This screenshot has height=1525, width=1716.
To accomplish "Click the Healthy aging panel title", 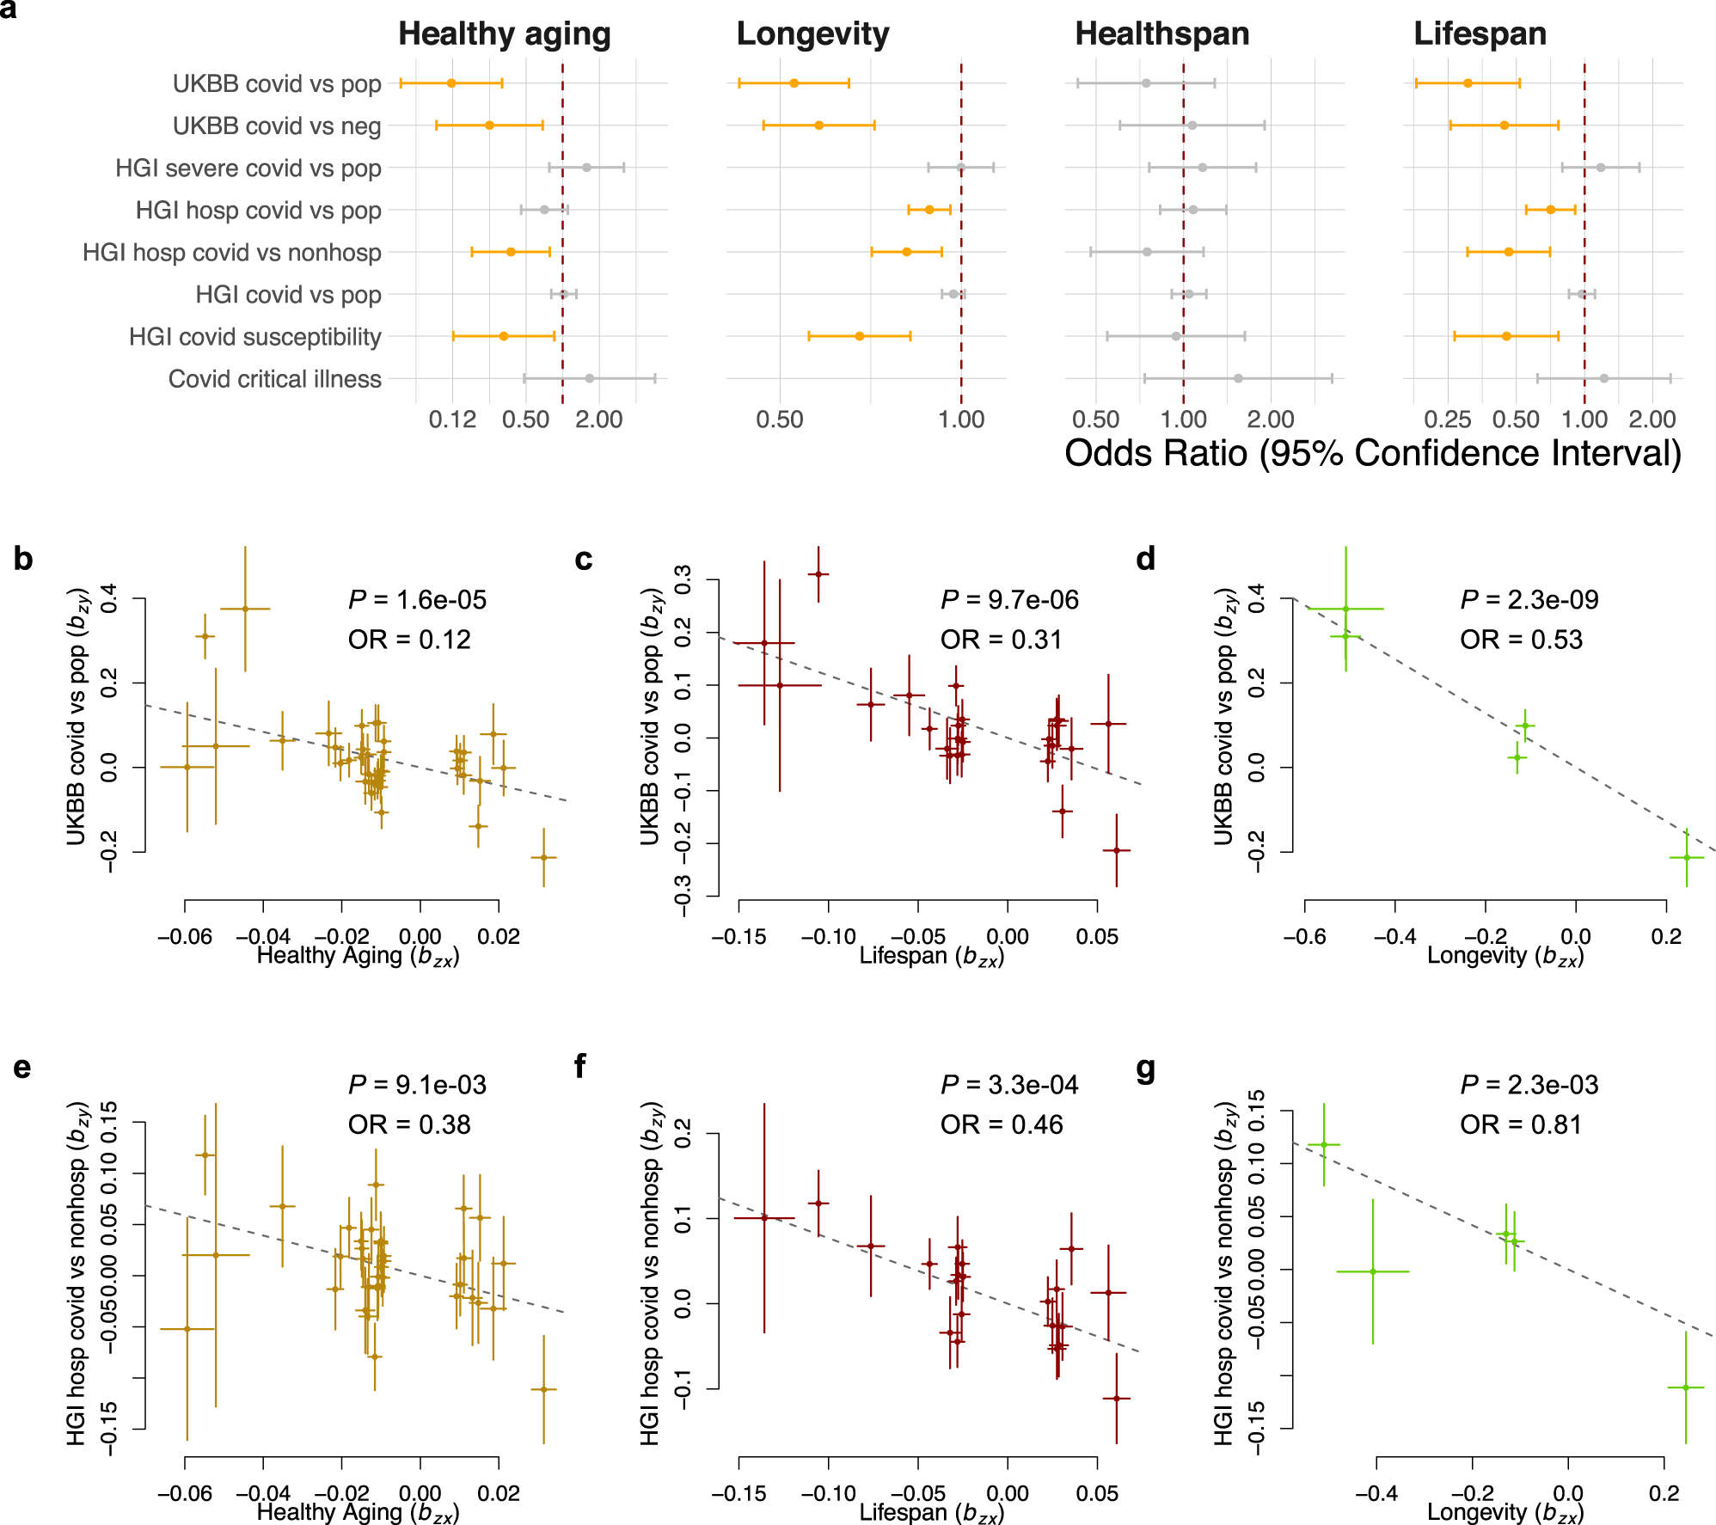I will click(504, 34).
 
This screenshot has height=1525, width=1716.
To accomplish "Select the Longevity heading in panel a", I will click(812, 34).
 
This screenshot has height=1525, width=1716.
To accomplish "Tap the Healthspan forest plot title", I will click(1161, 34).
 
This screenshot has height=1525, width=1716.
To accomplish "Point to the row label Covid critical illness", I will click(274, 379).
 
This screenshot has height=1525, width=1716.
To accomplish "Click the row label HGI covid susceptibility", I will click(254, 337).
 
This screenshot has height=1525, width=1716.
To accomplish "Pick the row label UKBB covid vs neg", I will click(276, 126).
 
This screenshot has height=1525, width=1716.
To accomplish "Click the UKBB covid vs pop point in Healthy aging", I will click(451, 83).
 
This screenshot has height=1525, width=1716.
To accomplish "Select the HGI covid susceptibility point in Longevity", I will click(860, 336).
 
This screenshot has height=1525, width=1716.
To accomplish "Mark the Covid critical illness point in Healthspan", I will click(1238, 378).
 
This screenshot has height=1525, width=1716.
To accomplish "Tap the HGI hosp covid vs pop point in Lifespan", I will click(1550, 210).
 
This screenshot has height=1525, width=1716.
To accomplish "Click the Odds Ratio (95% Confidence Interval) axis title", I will click(1373, 453).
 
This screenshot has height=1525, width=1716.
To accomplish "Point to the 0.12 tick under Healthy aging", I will click(452, 420).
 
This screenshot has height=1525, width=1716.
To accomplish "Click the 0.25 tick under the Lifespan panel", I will click(1448, 420).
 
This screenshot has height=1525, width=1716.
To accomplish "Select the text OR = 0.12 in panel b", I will click(409, 640).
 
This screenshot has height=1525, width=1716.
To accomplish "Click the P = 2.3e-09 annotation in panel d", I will click(1529, 600).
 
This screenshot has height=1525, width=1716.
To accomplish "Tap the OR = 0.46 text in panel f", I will click(1002, 1124).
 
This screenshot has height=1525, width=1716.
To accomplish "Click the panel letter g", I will click(1145, 1069).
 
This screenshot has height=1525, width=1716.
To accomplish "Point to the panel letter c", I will click(584, 560).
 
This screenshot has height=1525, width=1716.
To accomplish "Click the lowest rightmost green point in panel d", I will click(1687, 857).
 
